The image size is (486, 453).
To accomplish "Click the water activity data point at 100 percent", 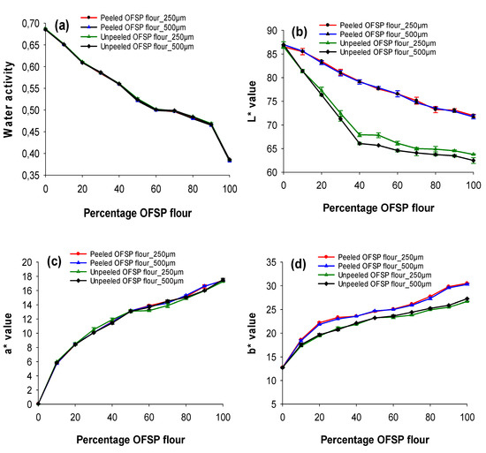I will [229, 160].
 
